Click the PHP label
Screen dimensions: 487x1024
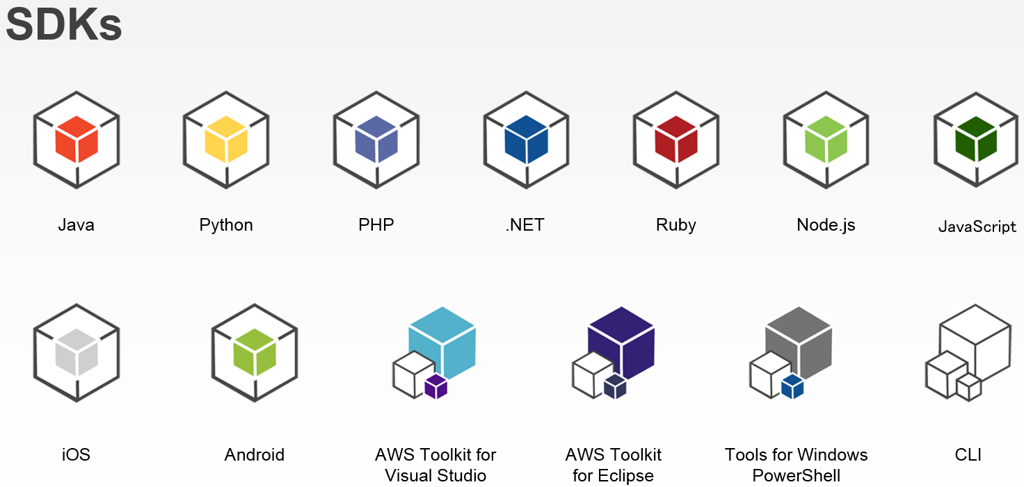point(376,225)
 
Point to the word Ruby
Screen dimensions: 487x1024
point(675,225)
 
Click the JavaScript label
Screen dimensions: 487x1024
point(977,226)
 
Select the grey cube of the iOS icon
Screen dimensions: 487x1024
point(77,352)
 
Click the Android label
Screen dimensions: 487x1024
point(255,455)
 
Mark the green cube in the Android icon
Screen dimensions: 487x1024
point(255,352)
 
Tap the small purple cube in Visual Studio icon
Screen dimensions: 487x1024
point(435,386)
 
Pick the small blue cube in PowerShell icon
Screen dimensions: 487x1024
point(792,386)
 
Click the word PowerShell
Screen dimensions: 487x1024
point(797,476)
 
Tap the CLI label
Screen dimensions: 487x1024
point(968,455)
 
